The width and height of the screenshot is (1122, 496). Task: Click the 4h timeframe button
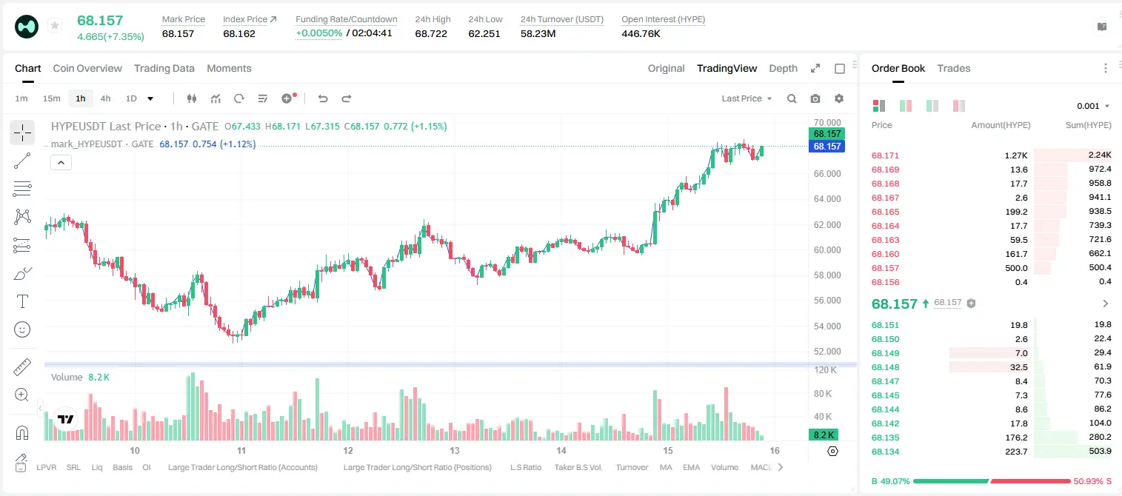[105, 98]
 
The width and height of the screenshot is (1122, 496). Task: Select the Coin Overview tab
[87, 68]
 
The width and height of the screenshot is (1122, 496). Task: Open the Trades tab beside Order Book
[954, 68]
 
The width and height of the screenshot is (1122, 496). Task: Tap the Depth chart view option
[783, 68]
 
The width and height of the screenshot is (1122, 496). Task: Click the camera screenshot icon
[815, 98]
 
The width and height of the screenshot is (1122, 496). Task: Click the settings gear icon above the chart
[839, 98]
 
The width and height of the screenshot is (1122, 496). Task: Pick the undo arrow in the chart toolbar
[323, 98]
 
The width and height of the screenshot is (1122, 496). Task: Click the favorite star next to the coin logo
[55, 25]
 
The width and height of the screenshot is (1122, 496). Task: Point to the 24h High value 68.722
[431, 33]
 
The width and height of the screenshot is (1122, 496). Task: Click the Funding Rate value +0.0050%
[319, 33]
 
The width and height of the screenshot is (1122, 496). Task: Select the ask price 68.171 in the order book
[885, 155]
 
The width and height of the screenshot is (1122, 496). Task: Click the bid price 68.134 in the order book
[885, 452]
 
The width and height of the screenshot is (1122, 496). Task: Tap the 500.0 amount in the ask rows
[1016, 268]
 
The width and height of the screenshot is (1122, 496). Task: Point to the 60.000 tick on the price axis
[827, 249]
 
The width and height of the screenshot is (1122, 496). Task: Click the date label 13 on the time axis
[454, 450]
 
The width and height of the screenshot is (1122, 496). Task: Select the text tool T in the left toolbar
[22, 301]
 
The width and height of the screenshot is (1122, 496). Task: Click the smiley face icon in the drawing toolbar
[22, 329]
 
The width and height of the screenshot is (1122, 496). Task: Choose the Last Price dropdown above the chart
[747, 98]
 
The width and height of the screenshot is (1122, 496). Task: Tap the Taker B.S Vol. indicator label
[578, 467]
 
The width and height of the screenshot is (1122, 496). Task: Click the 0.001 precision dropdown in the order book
[1093, 106]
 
